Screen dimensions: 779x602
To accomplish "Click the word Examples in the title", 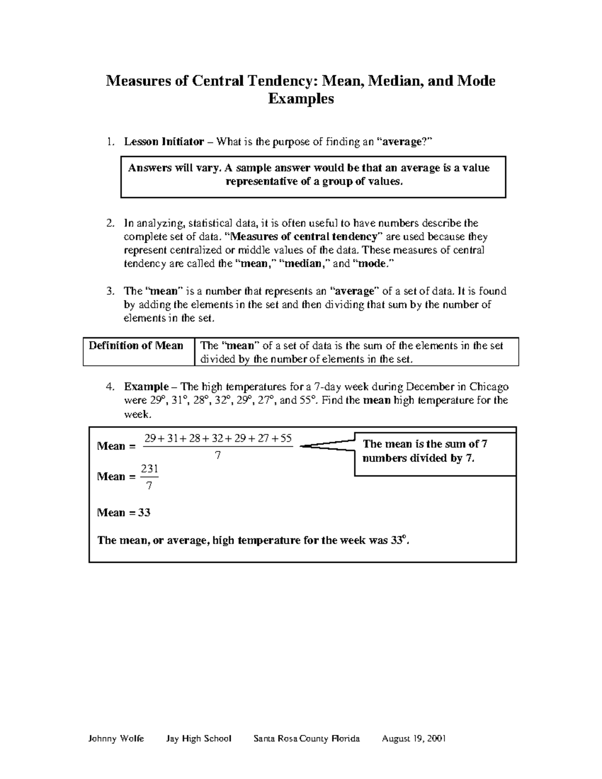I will pyautogui.click(x=300, y=99).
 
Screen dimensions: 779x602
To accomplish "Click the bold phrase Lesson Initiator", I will pyautogui.click(x=164, y=142).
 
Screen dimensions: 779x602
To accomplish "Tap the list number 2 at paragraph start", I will pyautogui.click(x=110, y=223).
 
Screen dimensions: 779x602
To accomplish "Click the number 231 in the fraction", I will pyautogui.click(x=149, y=469).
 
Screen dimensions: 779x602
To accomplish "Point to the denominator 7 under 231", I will pyautogui.click(x=149, y=486).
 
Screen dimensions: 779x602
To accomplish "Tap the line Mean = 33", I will pyautogui.click(x=124, y=513).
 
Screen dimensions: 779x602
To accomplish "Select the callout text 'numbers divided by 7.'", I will pyautogui.click(x=418, y=458).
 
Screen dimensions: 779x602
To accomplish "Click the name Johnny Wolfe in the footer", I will pyautogui.click(x=116, y=738).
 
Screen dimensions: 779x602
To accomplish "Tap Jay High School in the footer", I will pyautogui.click(x=199, y=738).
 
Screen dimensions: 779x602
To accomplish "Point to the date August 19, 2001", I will pyautogui.click(x=414, y=738).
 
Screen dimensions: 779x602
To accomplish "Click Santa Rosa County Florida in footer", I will pyautogui.click(x=307, y=738).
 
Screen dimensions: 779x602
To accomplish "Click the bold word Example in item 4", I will pyautogui.click(x=146, y=387).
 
